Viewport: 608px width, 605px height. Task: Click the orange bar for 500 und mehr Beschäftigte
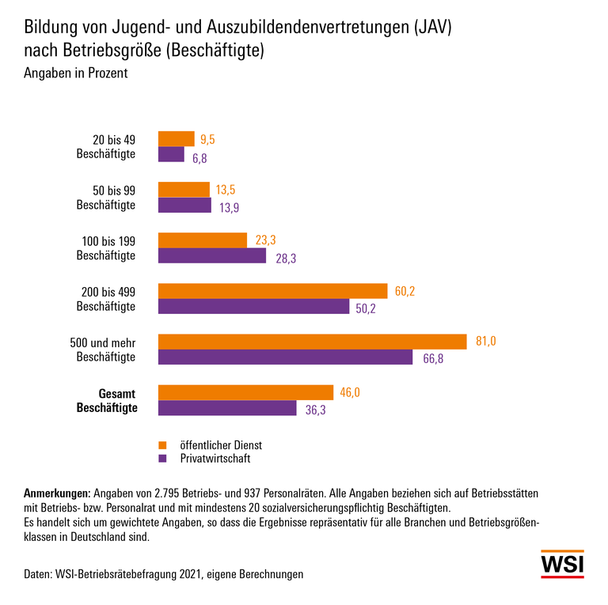coord(313,342)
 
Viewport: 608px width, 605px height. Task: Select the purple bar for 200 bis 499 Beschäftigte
coord(253,307)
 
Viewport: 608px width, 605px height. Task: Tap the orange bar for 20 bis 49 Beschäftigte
coord(176,139)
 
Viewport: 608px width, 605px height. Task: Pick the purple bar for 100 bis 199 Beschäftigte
coord(212,256)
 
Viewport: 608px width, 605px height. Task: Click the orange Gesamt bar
coord(245,392)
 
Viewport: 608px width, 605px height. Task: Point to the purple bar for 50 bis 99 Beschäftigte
coord(184,206)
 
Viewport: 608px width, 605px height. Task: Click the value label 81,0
coord(484,342)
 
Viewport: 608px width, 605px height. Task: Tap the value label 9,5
coord(207,140)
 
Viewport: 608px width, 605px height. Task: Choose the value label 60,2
coord(405,291)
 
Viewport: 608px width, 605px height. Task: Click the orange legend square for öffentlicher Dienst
coord(163,444)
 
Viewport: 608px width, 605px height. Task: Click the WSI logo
coord(562,564)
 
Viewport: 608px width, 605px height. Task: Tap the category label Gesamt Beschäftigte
coord(107,400)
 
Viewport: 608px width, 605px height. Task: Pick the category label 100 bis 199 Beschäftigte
coord(107,248)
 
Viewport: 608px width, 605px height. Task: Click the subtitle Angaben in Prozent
coord(77,74)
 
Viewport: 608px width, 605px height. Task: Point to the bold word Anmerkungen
coord(59,493)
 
